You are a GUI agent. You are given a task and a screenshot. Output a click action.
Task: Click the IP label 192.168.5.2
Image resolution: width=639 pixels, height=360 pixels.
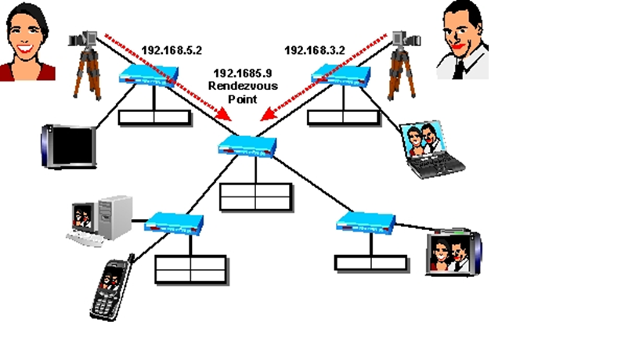pos(171,50)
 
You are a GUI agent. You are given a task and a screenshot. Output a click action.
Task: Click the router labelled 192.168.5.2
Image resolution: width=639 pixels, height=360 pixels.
pos(150,76)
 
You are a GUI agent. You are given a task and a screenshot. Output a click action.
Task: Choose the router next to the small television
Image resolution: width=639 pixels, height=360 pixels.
pos(366,221)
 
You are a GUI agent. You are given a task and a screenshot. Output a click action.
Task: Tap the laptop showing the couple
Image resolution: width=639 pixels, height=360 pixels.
pos(429,149)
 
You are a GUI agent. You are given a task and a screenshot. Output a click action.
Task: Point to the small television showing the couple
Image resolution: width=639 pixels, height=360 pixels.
pos(453,252)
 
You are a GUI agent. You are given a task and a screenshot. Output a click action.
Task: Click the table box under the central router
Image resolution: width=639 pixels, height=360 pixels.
pos(255,196)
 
